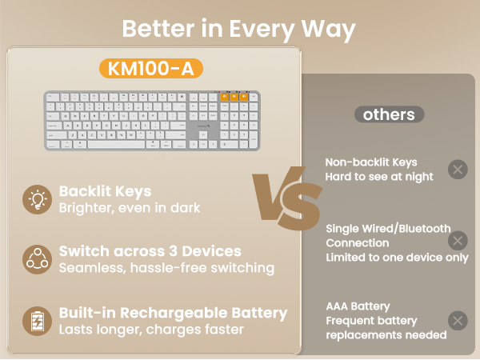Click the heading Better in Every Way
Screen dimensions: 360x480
point(239,28)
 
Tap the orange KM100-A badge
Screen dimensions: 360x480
point(150,69)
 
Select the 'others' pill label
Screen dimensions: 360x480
point(389,114)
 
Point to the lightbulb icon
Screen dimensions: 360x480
point(36,199)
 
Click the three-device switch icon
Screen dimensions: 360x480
point(36,258)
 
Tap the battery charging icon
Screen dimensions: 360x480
point(36,320)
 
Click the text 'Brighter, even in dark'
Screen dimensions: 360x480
point(130,208)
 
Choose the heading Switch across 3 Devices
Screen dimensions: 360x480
point(150,250)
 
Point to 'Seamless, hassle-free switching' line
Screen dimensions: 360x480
point(166,267)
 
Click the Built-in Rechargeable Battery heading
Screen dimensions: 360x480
point(173,312)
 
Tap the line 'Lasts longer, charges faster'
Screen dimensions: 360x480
point(151,329)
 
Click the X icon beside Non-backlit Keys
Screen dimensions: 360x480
point(457,169)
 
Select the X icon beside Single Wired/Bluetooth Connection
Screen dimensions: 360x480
point(457,241)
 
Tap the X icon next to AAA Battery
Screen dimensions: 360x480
point(457,321)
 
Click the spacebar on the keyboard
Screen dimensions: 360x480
point(117,145)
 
